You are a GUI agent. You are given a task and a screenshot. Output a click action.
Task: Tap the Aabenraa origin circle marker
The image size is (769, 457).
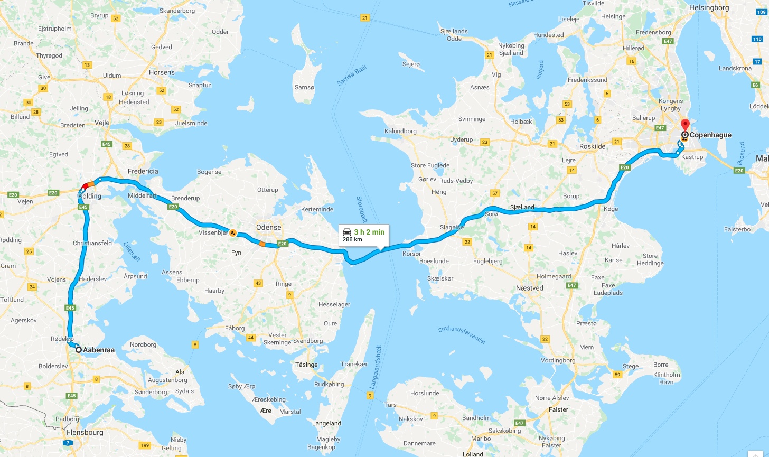(x=79, y=349)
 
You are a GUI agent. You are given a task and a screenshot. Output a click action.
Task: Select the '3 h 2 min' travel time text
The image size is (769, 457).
(x=369, y=232)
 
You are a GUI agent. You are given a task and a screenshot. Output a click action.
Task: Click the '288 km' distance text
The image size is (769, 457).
(x=352, y=240)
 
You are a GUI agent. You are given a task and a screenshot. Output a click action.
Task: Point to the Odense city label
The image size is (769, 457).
(x=269, y=227)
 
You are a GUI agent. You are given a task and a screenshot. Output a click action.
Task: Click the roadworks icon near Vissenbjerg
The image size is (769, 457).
(x=232, y=233)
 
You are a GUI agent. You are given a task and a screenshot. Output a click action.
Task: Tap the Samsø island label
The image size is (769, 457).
(x=304, y=87)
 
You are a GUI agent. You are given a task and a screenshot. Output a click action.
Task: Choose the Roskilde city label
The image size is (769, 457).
(x=593, y=146)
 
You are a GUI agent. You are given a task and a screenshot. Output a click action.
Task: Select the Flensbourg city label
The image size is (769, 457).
(x=85, y=432)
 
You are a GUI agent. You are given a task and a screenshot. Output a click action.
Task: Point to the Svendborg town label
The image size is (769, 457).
(x=308, y=341)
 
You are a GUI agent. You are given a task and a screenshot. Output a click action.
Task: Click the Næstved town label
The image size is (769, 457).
(x=530, y=288)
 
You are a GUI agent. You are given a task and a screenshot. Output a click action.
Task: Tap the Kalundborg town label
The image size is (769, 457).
(x=400, y=131)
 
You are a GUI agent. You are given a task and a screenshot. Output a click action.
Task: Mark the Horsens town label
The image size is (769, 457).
(x=162, y=72)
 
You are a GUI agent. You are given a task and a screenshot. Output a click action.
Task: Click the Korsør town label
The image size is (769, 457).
(x=412, y=254)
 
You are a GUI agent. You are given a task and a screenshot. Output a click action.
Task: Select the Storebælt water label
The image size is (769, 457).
(x=362, y=209)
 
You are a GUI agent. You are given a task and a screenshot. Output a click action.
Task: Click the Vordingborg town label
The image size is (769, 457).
(x=558, y=360)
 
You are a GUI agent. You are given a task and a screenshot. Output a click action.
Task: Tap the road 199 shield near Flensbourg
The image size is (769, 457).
(x=145, y=445)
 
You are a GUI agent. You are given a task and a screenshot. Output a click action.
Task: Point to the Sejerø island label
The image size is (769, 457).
(x=411, y=64)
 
